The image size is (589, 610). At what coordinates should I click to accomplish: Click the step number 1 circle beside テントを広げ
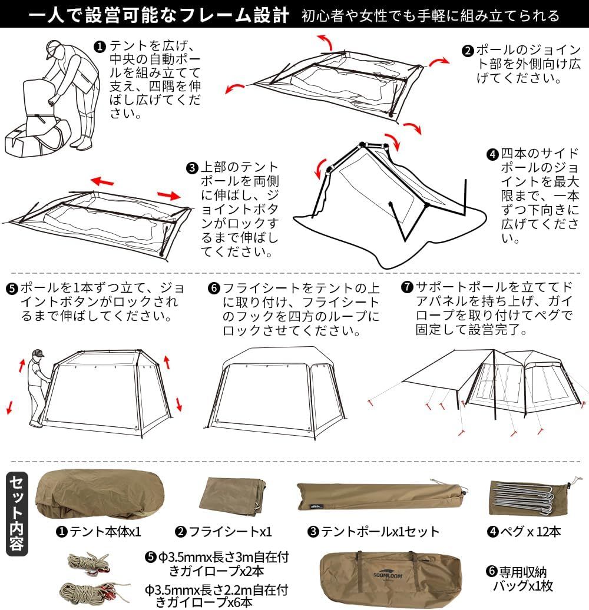(100, 47)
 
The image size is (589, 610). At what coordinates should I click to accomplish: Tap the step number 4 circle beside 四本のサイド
(493, 154)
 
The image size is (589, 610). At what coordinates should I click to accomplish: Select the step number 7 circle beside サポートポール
(407, 287)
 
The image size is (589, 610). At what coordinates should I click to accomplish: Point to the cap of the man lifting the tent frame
(38, 353)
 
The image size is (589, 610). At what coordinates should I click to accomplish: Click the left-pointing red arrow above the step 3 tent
(102, 181)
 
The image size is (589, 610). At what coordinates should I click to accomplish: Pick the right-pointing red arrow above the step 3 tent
(169, 195)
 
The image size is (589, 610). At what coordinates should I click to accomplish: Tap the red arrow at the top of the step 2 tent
(326, 41)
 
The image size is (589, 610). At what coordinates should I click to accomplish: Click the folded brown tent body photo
(100, 494)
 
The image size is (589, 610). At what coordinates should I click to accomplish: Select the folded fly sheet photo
(233, 496)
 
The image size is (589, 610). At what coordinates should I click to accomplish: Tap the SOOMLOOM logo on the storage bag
(388, 575)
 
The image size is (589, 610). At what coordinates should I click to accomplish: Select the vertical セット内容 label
(16, 513)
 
